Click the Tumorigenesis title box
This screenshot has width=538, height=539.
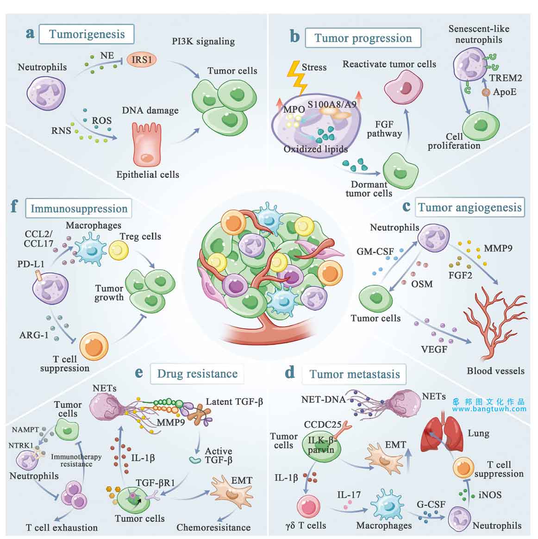click(x=86, y=34)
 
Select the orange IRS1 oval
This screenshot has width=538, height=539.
click(x=142, y=60)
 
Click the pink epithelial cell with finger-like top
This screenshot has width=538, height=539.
click(x=147, y=144)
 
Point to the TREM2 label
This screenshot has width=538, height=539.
click(x=505, y=78)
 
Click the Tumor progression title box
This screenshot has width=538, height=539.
click(x=363, y=38)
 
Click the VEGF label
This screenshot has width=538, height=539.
click(x=434, y=349)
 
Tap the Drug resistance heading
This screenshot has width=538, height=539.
click(x=197, y=374)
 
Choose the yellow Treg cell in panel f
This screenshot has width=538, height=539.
click(x=119, y=250)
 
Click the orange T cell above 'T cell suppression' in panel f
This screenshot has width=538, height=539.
click(x=94, y=346)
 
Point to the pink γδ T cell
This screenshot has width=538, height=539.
click(x=308, y=506)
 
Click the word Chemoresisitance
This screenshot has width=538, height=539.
click(x=213, y=527)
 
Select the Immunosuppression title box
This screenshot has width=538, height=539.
click(x=79, y=208)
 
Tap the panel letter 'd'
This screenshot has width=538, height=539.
click(x=290, y=372)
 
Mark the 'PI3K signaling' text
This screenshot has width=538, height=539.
click(x=204, y=42)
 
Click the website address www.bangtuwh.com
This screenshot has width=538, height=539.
click(x=489, y=409)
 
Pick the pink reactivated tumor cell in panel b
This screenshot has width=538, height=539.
click(x=404, y=88)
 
